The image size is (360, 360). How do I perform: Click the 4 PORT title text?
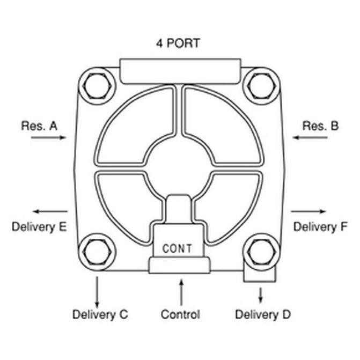tap(178, 43)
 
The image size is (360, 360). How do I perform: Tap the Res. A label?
tap(39, 126)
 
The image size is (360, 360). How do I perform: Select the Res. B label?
tap(320, 126)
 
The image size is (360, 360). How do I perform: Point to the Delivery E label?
tap(39, 227)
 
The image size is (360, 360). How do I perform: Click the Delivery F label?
tap(320, 227)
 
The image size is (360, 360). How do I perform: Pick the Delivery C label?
tap(100, 314)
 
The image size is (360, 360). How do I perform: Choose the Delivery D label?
tap(263, 314)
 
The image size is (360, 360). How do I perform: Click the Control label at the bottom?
tap(180, 314)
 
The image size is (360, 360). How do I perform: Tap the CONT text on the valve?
tap(177, 248)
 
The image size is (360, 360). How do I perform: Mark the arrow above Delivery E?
tap(50, 211)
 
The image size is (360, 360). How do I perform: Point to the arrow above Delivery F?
tap(309, 211)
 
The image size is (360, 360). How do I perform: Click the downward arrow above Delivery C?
tap(97, 290)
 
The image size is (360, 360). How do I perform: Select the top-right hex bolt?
tap(261, 85)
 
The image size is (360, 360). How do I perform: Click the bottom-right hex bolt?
tap(261, 251)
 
